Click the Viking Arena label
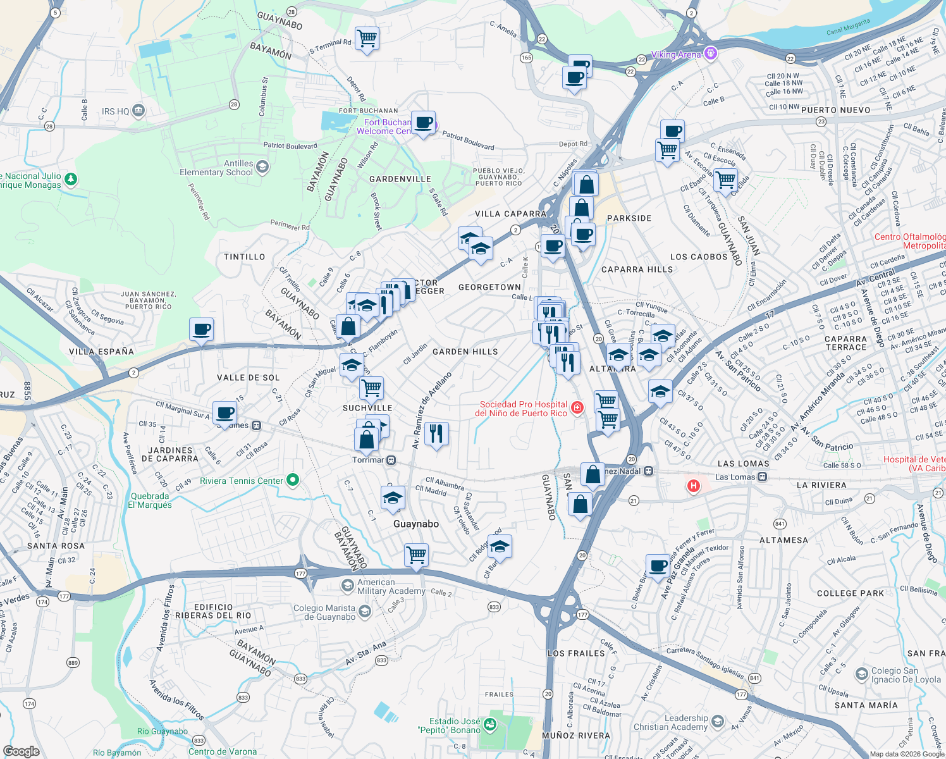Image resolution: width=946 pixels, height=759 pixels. tap(676, 54)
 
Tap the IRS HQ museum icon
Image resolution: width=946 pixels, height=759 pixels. tap(138, 111)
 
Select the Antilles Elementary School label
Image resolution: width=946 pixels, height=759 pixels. tap(216, 168)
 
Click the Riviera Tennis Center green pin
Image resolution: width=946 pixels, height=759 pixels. tap(293, 480)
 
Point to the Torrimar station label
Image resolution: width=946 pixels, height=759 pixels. tap(368, 460)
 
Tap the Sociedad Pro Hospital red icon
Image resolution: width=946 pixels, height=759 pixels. tap(577, 408)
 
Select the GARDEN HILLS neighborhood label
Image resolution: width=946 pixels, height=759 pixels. tap(465, 352)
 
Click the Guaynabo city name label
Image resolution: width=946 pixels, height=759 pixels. tap(415, 524)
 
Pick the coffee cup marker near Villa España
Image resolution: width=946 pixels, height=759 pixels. tap(202, 330)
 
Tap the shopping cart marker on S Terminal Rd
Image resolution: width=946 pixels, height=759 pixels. tap(367, 39)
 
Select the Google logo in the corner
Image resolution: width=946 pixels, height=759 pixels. tap(21, 751)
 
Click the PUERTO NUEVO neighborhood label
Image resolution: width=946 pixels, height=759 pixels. tap(835, 110)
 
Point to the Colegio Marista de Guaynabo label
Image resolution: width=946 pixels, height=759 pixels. tap(324, 612)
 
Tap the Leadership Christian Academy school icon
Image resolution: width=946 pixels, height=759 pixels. tap(717, 722)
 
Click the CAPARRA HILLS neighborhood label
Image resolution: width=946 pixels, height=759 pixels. tap(637, 269)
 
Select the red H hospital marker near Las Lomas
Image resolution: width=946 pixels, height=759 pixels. tap(694, 486)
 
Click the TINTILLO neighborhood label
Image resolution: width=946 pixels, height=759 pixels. tap(245, 257)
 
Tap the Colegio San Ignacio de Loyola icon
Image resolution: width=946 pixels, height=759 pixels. tap(861, 674)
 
